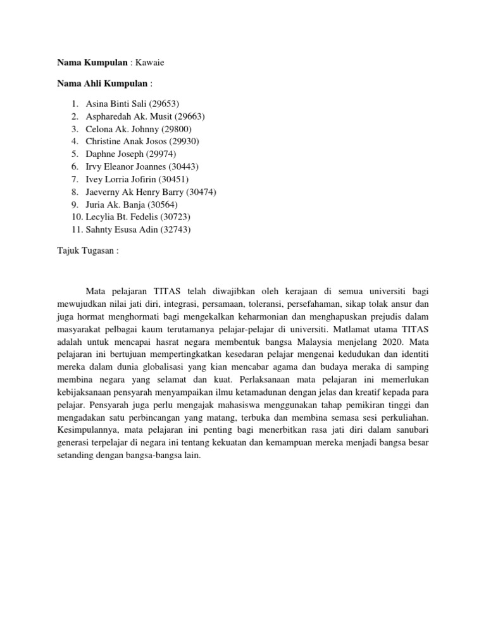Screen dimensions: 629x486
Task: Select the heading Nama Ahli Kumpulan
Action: [103, 83]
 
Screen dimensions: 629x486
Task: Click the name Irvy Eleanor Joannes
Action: [128, 166]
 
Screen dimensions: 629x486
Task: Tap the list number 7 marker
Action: [75, 179]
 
